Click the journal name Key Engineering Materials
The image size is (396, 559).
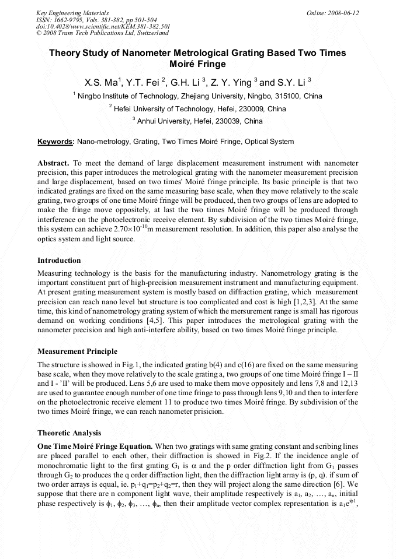pyautogui.click(x=72, y=12)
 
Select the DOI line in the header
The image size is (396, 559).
pyautogui.click(x=103, y=26)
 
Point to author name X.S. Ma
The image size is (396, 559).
pyautogui.click(x=102, y=82)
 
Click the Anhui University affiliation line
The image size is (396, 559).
pyautogui.click(x=199, y=121)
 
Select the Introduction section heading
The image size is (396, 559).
pyautogui.click(x=59, y=260)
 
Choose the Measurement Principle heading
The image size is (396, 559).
pyautogui.click(x=77, y=351)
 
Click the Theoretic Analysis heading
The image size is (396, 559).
pyautogui.click(x=69, y=433)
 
